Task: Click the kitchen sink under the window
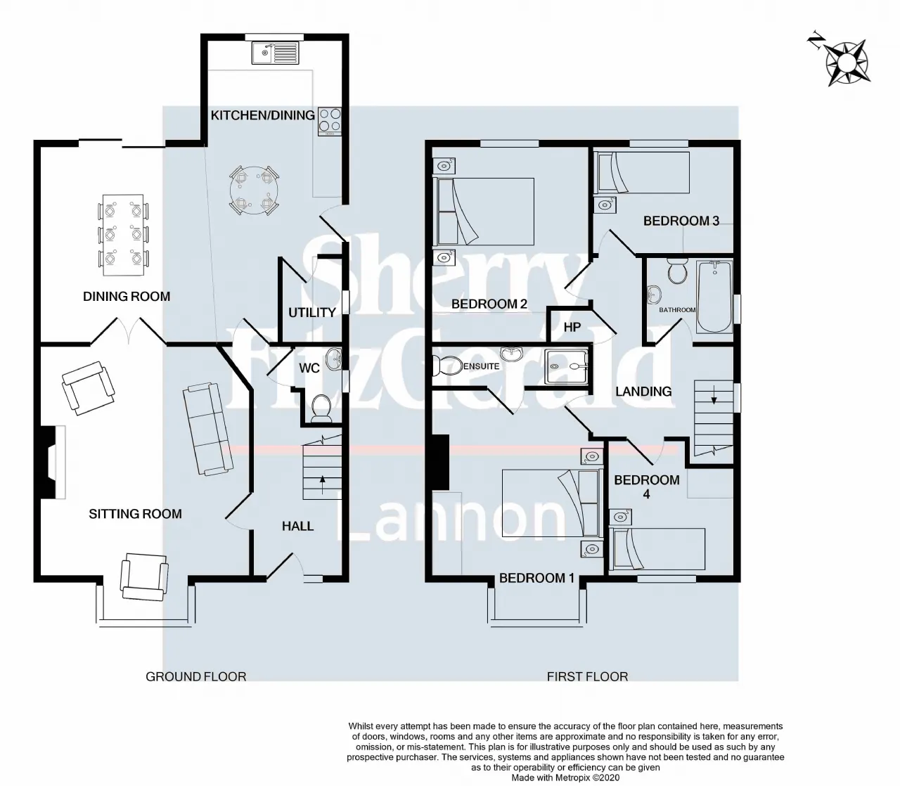276,53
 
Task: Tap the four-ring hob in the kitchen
330,122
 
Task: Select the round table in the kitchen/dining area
255,190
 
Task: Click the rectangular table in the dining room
123,235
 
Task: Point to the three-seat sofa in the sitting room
208,428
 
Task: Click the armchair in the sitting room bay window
145,576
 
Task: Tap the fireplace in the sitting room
50,462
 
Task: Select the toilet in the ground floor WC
321,408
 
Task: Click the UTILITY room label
312,313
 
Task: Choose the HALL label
298,526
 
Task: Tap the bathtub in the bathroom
714,297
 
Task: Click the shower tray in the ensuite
566,366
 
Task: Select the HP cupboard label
572,327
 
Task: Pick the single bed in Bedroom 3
641,172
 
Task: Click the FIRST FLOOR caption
587,676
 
